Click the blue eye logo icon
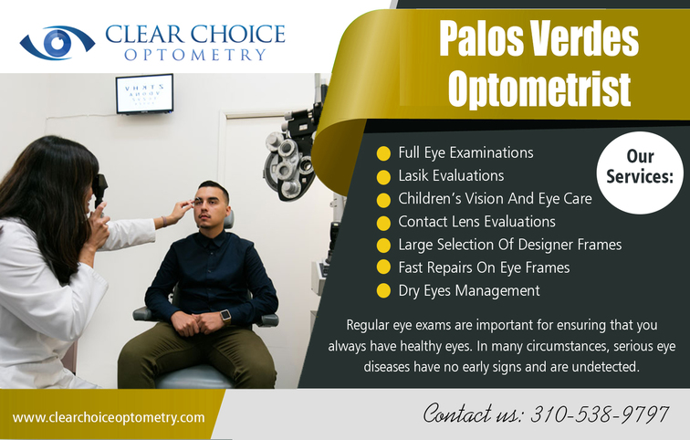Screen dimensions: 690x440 click(x=57, y=43)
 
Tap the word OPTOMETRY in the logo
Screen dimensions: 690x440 click(x=195, y=55)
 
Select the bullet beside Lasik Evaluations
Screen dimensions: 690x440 click(x=383, y=177)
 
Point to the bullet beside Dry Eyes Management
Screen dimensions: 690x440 click(x=383, y=291)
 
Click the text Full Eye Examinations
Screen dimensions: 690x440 click(x=465, y=153)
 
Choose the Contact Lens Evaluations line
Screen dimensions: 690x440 click(x=476, y=222)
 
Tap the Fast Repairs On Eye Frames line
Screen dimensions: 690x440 click(x=484, y=267)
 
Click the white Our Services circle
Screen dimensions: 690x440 click(x=640, y=173)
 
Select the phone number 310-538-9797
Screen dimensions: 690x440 click(x=600, y=414)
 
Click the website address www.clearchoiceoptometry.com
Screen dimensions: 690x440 click(x=109, y=417)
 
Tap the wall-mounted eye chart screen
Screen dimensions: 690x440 click(x=144, y=94)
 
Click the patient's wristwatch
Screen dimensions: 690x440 click(x=225, y=316)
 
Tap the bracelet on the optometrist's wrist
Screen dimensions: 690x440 click(x=164, y=221)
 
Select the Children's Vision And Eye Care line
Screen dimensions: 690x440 click(x=495, y=199)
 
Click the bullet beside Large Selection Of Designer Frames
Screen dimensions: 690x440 click(x=383, y=246)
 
